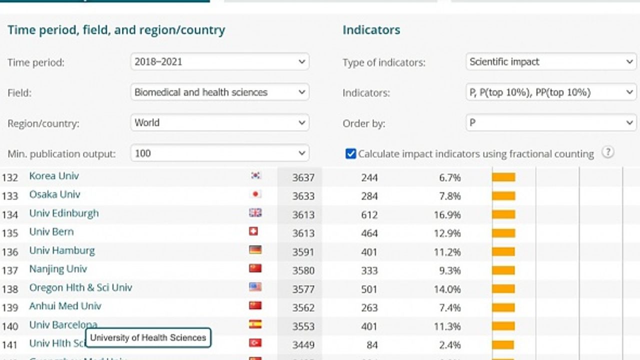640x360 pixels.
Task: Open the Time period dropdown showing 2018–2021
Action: point(219,62)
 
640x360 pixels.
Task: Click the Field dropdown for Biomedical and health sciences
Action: point(219,92)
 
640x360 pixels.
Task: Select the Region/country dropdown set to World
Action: point(219,123)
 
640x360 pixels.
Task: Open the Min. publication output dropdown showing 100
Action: point(219,153)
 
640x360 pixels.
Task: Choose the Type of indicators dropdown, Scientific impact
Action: point(550,62)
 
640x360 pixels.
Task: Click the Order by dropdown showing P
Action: point(550,123)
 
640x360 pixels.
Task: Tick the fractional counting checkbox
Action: point(350,154)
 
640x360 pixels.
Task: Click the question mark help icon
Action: point(607,153)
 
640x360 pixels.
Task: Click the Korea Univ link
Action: point(54,176)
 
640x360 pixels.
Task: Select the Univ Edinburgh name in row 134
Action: point(64,213)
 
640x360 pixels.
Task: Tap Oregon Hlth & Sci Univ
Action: point(80,287)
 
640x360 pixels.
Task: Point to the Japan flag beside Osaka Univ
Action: point(255,194)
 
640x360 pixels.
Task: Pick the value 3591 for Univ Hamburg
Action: point(303,252)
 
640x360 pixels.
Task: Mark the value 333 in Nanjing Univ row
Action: point(369,270)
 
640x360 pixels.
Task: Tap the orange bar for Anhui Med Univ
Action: point(503,307)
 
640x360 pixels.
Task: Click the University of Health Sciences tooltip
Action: point(148,337)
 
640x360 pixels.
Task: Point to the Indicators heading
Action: point(371,30)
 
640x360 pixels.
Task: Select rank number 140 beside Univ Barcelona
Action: point(10,326)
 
